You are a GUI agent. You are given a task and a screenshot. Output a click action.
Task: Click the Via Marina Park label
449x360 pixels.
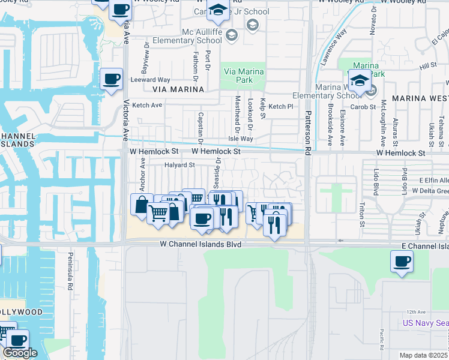click(244, 76)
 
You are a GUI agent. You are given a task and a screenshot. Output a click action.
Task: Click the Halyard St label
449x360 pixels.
click(180, 164)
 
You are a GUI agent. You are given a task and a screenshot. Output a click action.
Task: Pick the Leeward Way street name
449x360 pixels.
click(151, 80)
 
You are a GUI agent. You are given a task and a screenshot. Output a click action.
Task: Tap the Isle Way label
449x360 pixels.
click(241, 139)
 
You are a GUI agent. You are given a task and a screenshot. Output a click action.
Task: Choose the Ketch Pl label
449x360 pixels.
click(280, 106)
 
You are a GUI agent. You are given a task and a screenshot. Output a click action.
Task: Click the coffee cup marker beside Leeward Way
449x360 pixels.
click(111, 79)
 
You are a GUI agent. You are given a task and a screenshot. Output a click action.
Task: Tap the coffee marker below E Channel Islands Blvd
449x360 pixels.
click(402, 262)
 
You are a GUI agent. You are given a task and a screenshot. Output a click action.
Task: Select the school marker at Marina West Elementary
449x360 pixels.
click(359, 80)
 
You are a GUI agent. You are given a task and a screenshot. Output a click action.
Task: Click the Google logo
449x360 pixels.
click(19, 353)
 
